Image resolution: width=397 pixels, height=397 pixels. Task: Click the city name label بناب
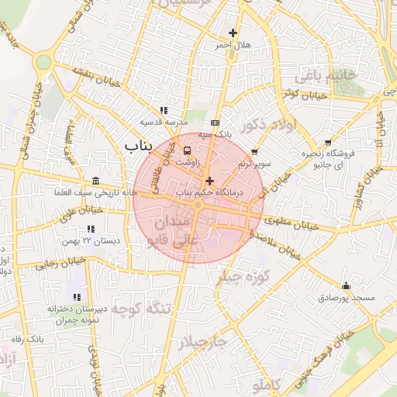point(140,145)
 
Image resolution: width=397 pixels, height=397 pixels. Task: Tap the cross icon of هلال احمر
point(233,33)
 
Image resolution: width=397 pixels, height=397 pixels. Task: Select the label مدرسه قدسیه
point(161,123)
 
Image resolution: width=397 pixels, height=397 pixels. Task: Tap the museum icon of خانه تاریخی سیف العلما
point(95,180)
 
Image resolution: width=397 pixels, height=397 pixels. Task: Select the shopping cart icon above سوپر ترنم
point(254,152)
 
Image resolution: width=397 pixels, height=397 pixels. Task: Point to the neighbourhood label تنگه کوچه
point(140,309)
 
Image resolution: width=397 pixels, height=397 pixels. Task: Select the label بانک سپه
point(214,134)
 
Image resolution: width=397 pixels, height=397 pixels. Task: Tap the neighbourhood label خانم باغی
point(324,76)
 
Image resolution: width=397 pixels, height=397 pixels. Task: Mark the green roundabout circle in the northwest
point(43,61)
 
